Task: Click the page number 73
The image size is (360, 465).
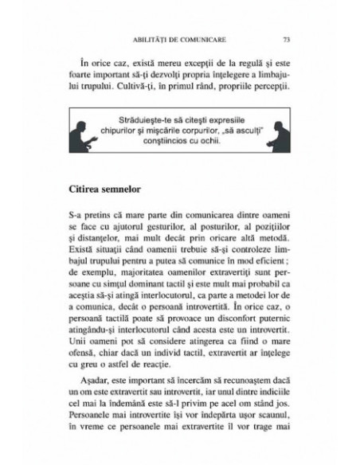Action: [286, 39]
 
